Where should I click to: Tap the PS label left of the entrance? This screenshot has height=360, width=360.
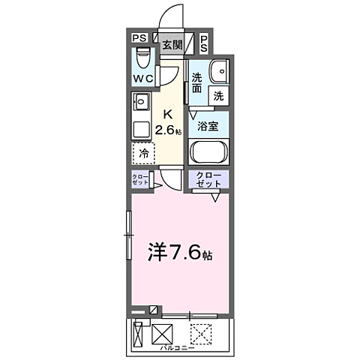click(x=138, y=38)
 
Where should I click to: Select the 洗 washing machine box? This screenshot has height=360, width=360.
click(x=218, y=95)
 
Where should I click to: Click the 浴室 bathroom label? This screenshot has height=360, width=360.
click(x=208, y=126)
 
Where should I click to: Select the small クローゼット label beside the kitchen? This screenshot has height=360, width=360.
click(x=139, y=180)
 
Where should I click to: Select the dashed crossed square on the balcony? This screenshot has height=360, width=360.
click(x=199, y=331)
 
